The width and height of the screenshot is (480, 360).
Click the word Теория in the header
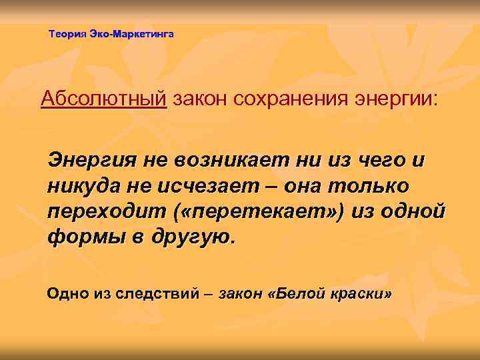pyautogui.click(x=68, y=33)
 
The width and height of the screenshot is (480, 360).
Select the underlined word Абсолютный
pyautogui.click(x=103, y=100)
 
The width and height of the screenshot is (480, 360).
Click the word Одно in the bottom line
pyautogui.click(x=65, y=293)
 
